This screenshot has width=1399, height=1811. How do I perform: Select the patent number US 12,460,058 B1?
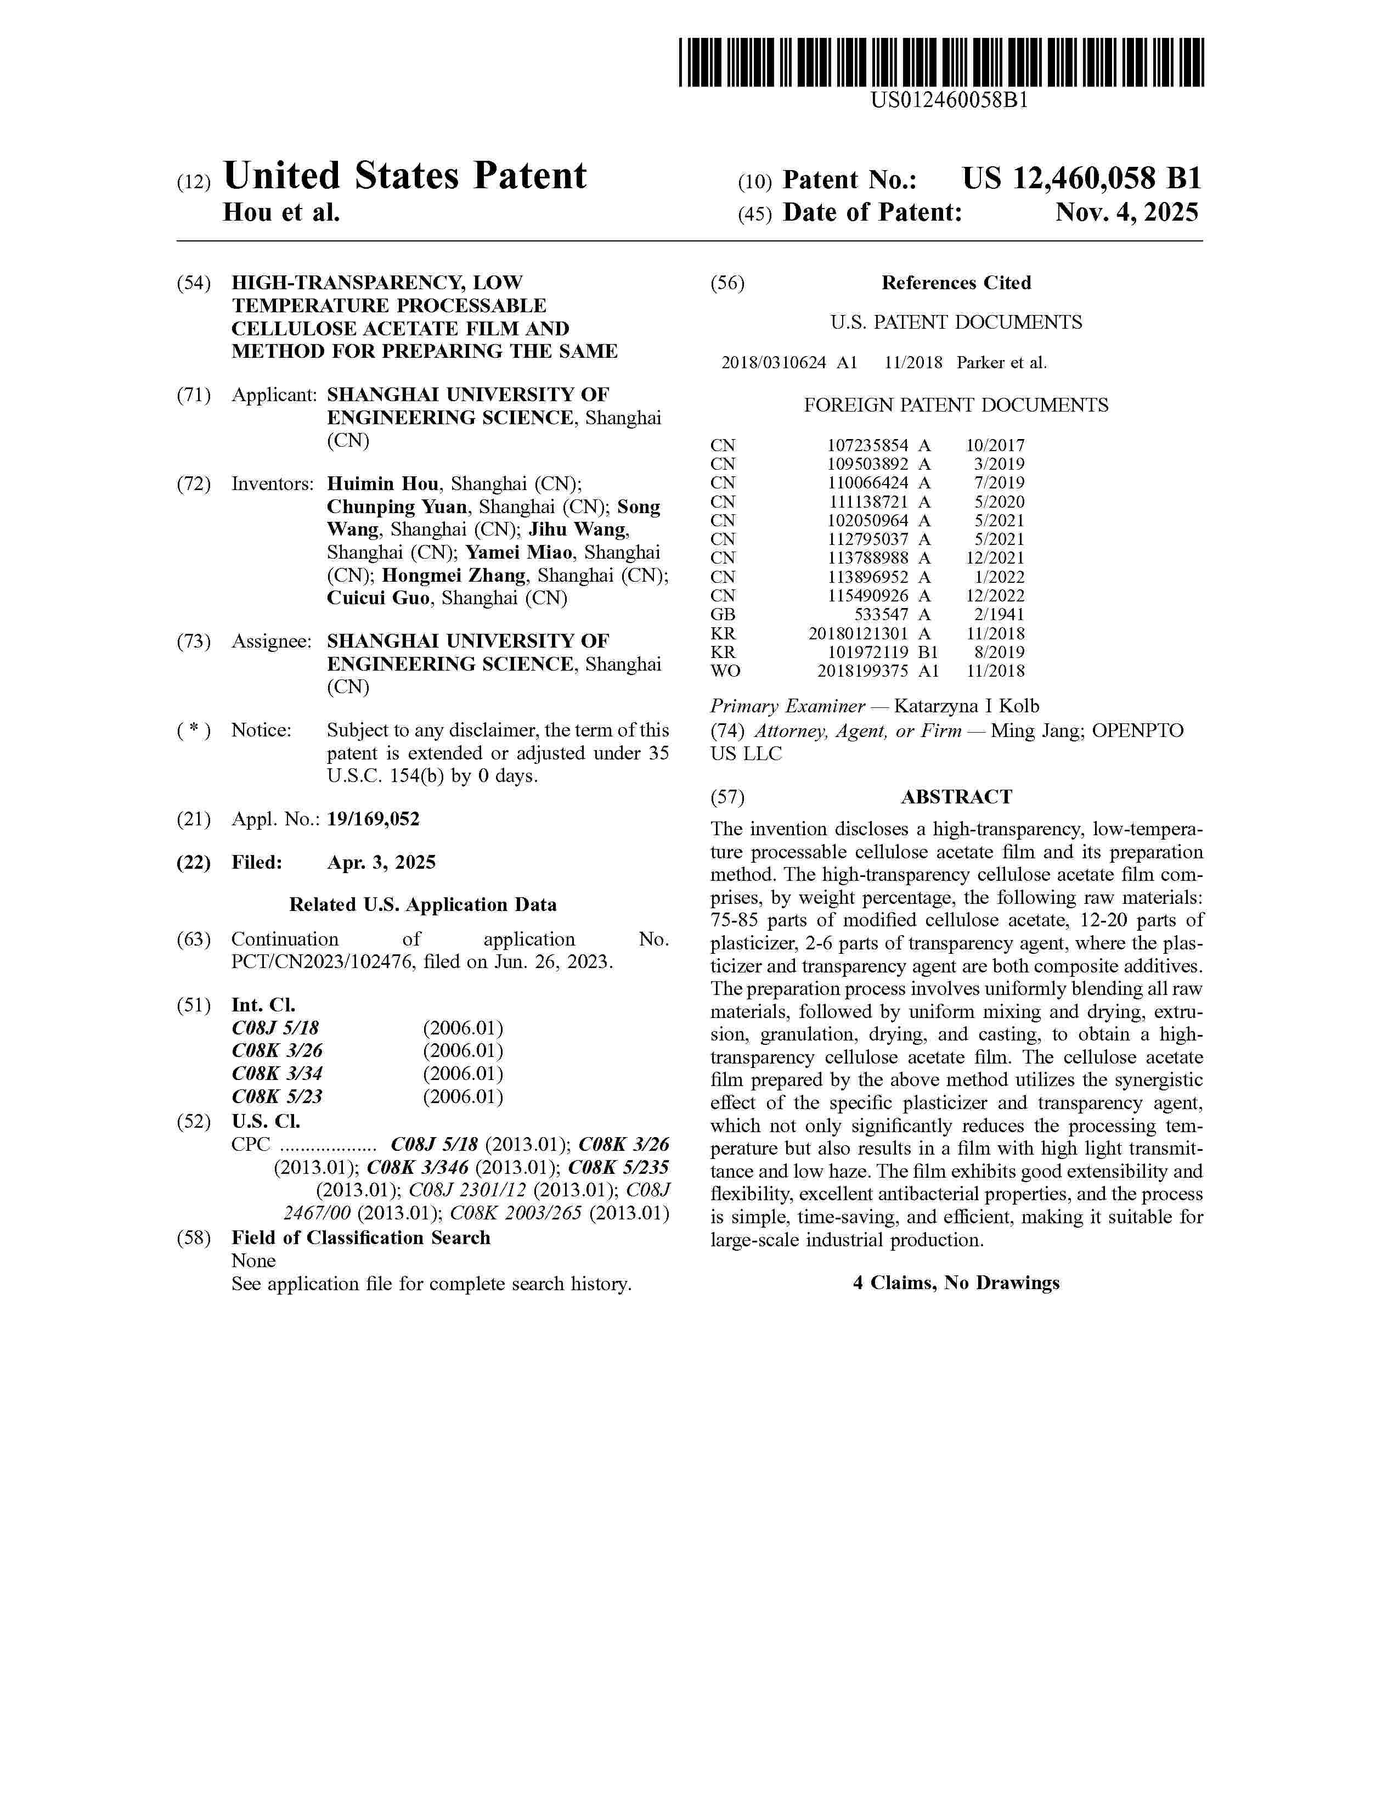[1081, 179]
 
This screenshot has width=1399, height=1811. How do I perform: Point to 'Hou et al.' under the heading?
[282, 213]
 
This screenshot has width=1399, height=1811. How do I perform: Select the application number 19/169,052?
[373, 819]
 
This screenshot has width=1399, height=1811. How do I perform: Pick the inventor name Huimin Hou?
[383, 484]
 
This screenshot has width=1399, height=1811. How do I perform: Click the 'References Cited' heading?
[956, 283]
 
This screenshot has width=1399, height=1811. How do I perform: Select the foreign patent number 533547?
[882, 615]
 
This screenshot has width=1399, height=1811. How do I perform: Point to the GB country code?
[723, 615]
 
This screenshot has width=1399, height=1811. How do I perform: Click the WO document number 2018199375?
[863, 671]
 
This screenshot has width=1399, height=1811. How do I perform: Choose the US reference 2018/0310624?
[773, 362]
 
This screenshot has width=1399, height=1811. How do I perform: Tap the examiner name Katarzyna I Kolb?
[966, 706]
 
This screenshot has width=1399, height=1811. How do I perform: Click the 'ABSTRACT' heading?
[956, 797]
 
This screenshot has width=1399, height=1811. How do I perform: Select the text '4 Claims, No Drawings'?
[956, 1283]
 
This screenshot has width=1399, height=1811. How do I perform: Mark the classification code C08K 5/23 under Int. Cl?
[277, 1096]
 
